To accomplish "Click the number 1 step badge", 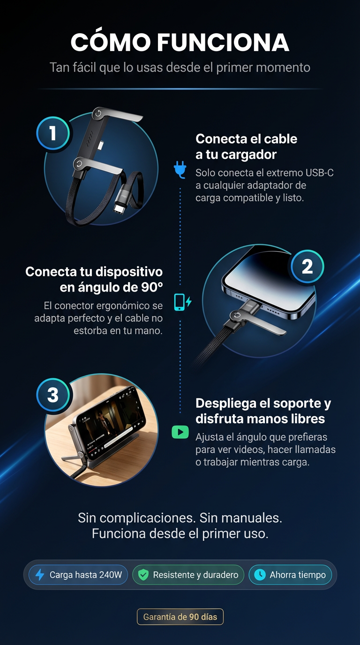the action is coord(52,133).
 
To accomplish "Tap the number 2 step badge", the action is coord(307,266).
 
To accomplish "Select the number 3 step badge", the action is coord(53,395).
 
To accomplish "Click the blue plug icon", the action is coord(180,170).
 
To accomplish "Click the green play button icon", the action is coord(180,432).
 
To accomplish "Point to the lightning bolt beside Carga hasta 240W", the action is coord(40,575).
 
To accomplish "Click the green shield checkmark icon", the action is coord(143,575).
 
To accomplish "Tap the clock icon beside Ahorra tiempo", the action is coord(260,575).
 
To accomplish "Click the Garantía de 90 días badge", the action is coord(180,617).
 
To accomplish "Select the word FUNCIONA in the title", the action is coord(223,42).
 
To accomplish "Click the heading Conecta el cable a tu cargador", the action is coord(246,147).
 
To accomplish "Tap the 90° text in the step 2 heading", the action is coord(152,287).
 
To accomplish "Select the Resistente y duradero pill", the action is coord(188,575).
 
